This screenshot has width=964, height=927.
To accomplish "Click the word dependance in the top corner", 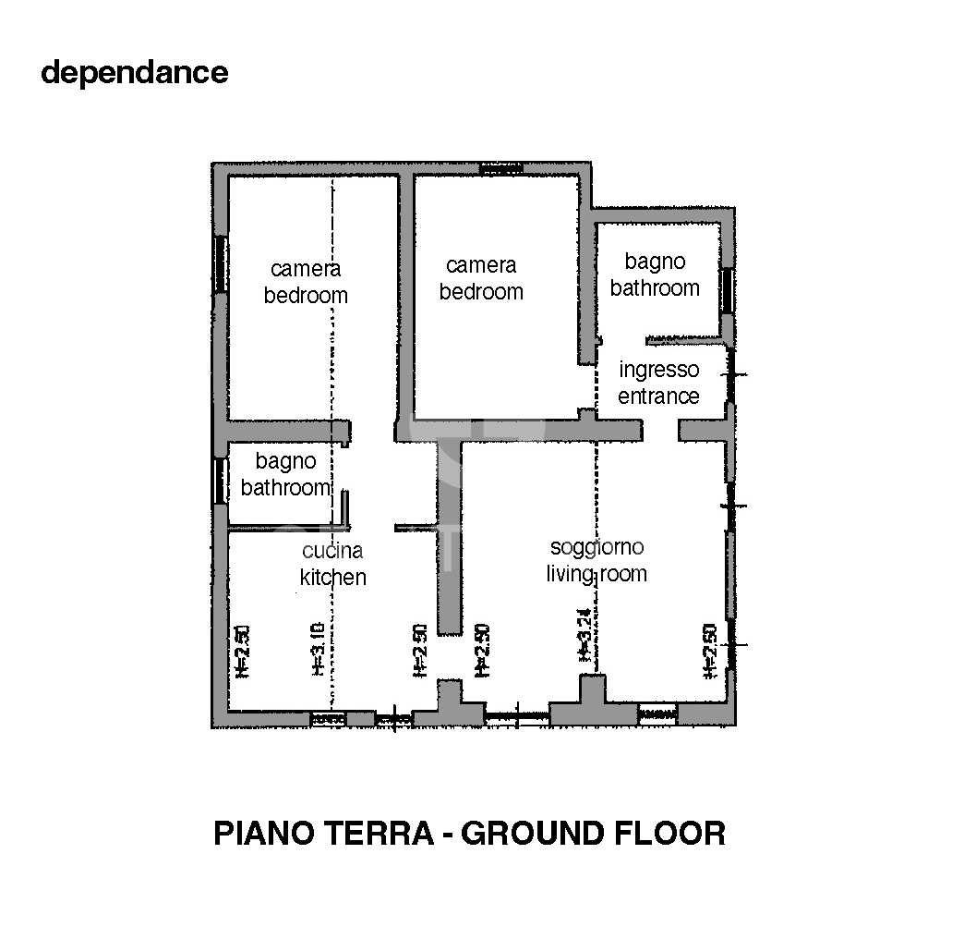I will [134, 72].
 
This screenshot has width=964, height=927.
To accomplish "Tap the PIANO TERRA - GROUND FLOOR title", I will [469, 833].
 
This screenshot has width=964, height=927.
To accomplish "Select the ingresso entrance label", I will [658, 383].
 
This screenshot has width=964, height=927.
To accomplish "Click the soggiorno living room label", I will [596, 560].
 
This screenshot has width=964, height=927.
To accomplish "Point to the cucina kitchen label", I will [332, 564].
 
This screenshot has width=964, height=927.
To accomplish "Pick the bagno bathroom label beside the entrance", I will [655, 275].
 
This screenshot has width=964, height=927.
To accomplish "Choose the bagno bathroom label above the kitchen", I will [285, 474].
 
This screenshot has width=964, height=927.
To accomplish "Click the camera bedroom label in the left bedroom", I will [306, 282].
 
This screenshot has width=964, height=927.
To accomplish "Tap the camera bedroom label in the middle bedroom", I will [481, 278].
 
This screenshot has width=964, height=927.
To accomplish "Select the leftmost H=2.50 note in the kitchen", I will [243, 653].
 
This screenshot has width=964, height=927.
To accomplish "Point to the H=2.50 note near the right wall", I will [710, 652].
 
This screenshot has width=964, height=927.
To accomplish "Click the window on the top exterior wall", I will [501, 169].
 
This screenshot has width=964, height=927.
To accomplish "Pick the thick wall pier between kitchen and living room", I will [449, 536].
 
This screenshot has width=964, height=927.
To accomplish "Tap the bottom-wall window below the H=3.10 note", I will [328, 717].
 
